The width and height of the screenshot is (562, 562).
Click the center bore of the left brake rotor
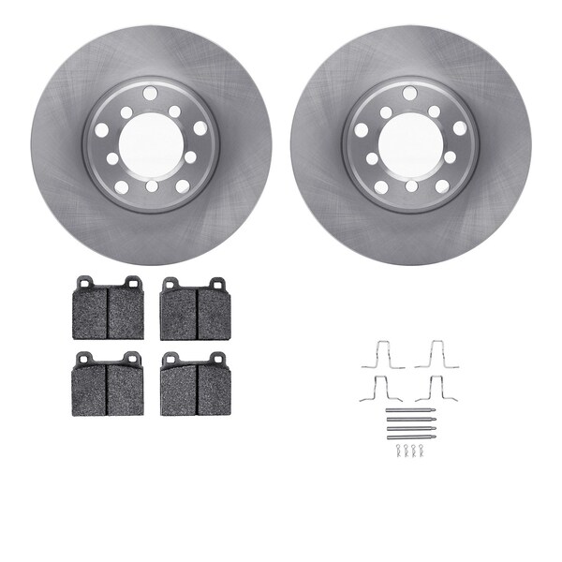pos(151,144)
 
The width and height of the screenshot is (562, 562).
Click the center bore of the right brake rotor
pos(410,144)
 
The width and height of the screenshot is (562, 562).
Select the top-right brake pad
pos(195,312)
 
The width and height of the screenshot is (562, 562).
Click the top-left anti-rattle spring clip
pos(382,354)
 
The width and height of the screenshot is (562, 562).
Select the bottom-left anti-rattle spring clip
pos(382,388)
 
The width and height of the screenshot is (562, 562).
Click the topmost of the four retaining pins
pos(409,410)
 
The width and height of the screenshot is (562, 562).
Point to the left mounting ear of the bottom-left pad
pos(84,357)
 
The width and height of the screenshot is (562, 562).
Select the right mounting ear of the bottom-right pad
pos(217,357)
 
